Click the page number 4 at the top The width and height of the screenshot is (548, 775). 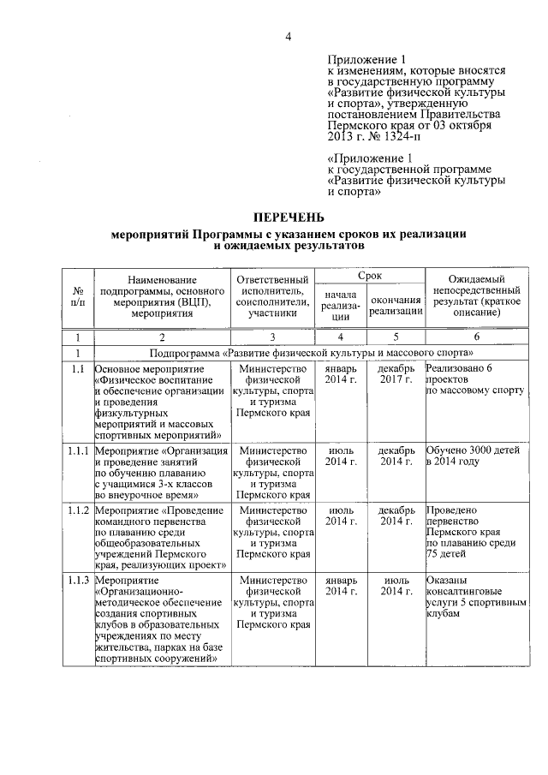coord(289,36)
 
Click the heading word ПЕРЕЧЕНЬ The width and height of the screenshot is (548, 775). coord(288,218)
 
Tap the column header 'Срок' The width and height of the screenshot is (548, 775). coord(370,275)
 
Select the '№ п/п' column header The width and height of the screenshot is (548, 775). coord(78,296)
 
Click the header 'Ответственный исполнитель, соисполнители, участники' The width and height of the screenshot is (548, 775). coord(272,296)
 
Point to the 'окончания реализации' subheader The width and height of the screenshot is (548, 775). coord(396,306)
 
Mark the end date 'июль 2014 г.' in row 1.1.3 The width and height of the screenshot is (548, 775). coord(396,586)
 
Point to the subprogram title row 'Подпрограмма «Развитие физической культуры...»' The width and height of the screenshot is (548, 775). coord(312,353)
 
